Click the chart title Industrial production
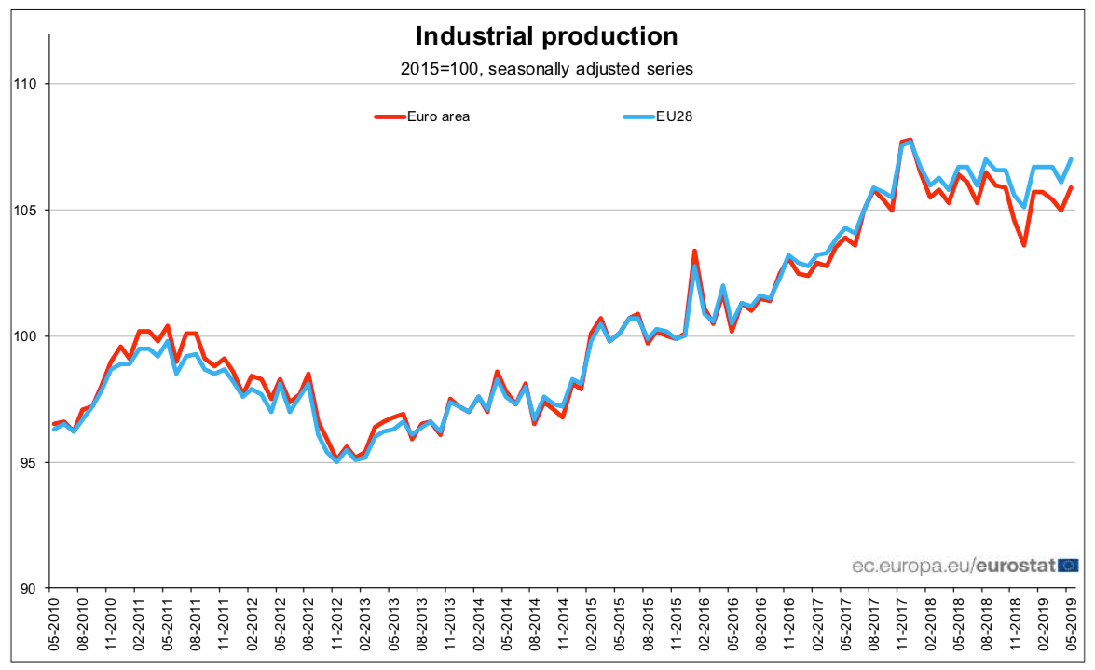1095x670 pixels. (x=546, y=36)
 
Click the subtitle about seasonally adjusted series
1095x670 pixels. (x=546, y=68)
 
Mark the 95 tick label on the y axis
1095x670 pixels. (x=29, y=462)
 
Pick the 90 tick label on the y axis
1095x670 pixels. (x=29, y=588)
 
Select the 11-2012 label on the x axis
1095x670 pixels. (x=334, y=626)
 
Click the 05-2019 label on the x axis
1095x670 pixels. (x=1070, y=626)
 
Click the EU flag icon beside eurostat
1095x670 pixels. (x=1068, y=565)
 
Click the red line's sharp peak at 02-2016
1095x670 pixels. (x=694, y=251)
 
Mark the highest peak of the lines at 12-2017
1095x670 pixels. (x=910, y=141)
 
